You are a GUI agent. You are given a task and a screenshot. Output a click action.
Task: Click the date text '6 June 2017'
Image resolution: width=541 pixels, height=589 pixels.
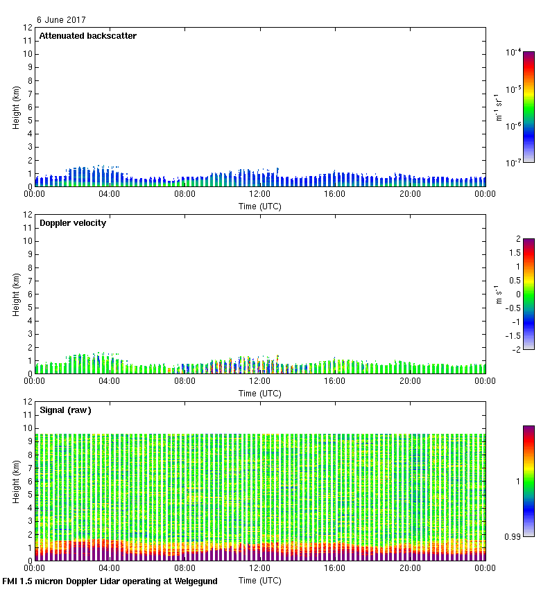pyautogui.click(x=61, y=20)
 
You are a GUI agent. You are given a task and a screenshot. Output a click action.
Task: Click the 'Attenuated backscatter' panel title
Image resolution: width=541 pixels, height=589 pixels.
pyautogui.click(x=87, y=36)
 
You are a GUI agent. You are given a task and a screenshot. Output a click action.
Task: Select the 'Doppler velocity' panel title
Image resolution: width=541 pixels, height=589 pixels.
pyautogui.click(x=73, y=223)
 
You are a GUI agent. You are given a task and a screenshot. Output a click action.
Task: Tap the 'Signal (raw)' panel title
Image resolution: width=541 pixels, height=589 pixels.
pyautogui.click(x=65, y=410)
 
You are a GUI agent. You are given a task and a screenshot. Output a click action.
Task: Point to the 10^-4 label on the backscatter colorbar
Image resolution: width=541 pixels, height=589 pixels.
pyautogui.click(x=513, y=53)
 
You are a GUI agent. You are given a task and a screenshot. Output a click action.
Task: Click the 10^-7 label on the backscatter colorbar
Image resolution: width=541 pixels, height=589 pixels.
pyautogui.click(x=513, y=162)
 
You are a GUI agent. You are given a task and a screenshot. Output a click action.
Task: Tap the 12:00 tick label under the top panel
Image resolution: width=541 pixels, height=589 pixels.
pyautogui.click(x=259, y=194)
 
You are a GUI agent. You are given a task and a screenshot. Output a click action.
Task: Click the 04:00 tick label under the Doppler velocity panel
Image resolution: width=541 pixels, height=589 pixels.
pyautogui.click(x=110, y=381)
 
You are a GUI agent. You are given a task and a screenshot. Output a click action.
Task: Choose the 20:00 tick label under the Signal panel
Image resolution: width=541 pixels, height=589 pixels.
pyautogui.click(x=410, y=568)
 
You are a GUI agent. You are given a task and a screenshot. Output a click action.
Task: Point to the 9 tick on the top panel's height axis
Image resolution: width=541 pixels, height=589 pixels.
pyautogui.click(x=29, y=67)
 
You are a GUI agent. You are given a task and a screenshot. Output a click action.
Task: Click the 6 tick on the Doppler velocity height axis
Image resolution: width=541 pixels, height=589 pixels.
pyautogui.click(x=29, y=294)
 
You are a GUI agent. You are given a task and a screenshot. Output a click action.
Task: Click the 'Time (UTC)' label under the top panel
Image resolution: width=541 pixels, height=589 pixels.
pyautogui.click(x=259, y=206)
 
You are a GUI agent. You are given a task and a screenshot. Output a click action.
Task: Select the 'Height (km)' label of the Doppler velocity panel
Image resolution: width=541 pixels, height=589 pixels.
pyautogui.click(x=16, y=294)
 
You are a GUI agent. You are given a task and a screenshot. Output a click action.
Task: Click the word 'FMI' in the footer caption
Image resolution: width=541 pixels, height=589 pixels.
pyautogui.click(x=10, y=581)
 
